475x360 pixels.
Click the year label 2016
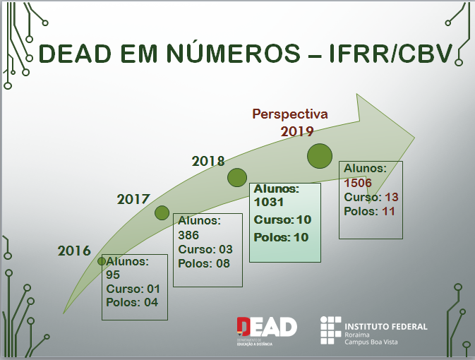[x=74, y=251]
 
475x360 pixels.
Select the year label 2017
[x=133, y=199]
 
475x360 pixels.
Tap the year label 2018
[x=208, y=162]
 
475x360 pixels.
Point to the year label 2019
[x=296, y=131]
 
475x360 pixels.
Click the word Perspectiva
[x=290, y=114]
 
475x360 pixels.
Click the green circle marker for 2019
[x=319, y=155]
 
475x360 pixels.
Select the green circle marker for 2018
[x=237, y=178]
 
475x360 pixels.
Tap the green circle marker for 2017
[x=162, y=212]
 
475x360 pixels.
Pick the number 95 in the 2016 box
[x=114, y=275]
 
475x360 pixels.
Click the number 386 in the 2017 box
[x=188, y=235]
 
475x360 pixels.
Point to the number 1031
[x=268, y=203]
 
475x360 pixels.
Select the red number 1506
[x=358, y=183]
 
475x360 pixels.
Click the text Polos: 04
[x=132, y=303]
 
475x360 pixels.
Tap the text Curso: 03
[x=205, y=249]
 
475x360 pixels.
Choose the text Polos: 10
[x=282, y=237]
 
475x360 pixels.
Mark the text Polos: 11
[x=369, y=211]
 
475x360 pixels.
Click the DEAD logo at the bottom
[x=267, y=327]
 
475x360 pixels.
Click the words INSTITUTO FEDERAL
[x=386, y=326]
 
